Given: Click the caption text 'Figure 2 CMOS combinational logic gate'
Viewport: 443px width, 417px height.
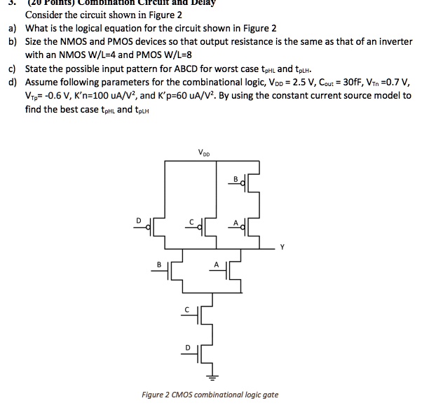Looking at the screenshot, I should pos(210,395).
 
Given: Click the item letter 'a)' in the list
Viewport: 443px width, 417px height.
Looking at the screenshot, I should pos(12,29).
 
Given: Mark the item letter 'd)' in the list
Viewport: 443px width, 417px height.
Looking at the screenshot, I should pos(12,82).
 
